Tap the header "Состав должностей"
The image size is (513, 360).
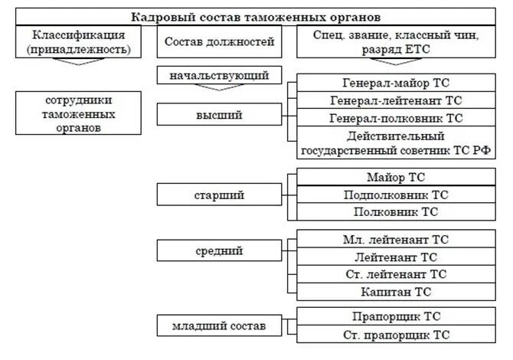coord(218,42)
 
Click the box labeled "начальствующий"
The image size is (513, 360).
coord(219,76)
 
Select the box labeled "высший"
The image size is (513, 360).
coord(219,116)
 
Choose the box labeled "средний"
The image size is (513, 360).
coord(219,250)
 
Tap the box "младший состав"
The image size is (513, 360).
coord(219,326)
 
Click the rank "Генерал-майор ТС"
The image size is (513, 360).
coord(396,83)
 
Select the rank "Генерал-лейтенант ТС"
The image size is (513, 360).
coord(396,100)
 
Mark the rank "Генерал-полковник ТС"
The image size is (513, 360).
coord(396,118)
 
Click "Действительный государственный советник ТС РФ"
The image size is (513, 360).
coord(396,142)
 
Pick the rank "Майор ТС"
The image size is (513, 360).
coord(396,178)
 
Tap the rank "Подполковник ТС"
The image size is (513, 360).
coord(396,195)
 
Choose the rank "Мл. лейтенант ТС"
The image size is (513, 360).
coord(396,239)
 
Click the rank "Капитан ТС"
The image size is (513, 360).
coord(396,292)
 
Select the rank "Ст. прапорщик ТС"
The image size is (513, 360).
coord(396,335)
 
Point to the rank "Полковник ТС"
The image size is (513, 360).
coord(396,212)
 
